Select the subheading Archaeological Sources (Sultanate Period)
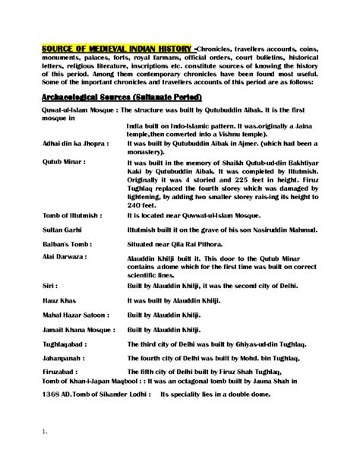113,99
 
